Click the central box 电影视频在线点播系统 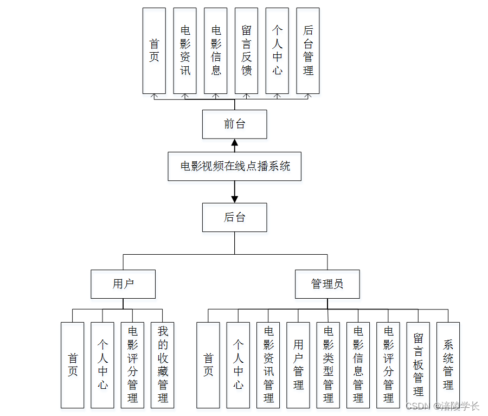[234, 166]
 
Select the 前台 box [234, 124]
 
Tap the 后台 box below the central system [234, 218]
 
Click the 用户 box [123, 283]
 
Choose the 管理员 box [327, 283]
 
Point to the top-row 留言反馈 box [246, 51]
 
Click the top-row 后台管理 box [308, 51]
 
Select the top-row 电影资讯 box [185, 51]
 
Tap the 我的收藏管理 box [163, 365]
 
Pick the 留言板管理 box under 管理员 [418, 365]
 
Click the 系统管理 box [448, 365]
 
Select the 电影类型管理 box [328, 365]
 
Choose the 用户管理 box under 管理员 [298, 365]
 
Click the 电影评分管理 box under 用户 [132, 365]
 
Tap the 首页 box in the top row [154, 51]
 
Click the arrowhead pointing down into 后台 [234, 199]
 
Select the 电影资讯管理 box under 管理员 [268, 365]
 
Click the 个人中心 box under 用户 [102, 365]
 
